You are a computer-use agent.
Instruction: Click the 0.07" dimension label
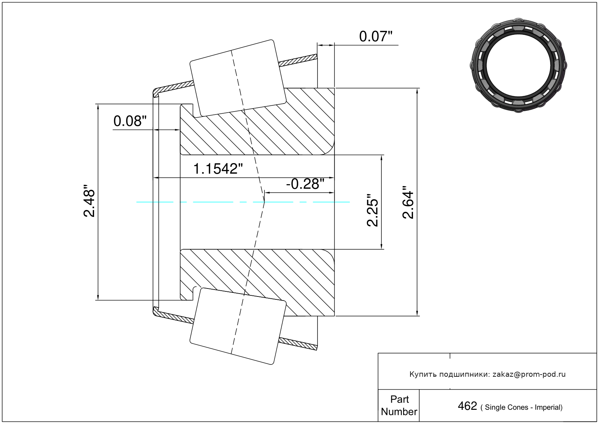point(376,36)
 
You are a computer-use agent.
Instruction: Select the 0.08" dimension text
point(130,121)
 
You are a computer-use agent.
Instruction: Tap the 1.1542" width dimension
point(218,169)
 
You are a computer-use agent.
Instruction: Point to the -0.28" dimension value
point(305,184)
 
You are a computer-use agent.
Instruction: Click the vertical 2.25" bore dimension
point(372,210)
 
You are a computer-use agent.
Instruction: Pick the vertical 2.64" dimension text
point(408,202)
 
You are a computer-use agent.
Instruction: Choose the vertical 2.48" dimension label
point(89,200)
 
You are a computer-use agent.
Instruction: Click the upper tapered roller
point(238,78)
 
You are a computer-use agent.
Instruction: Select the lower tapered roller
point(238,326)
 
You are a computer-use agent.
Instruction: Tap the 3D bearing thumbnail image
point(518,65)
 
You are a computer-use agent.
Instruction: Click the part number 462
point(467,406)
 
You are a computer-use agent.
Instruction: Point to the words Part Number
point(399,405)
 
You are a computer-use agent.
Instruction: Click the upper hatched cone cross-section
point(257,121)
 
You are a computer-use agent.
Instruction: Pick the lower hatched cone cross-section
point(257,283)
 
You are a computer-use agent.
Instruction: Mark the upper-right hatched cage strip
point(298,60)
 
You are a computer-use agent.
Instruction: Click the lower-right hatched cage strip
point(298,344)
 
